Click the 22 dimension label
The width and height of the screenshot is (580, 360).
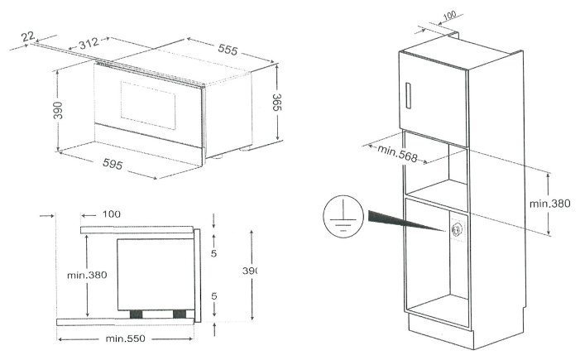coord(28,36)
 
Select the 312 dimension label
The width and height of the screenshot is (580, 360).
coord(89,43)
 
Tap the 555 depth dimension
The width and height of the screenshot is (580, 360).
coord(228,49)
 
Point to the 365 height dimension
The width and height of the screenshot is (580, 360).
coord(276,102)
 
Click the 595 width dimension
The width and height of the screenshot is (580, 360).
coord(113,164)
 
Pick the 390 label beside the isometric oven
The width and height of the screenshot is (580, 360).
coord(58,110)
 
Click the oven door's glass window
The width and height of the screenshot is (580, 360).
coord(148,105)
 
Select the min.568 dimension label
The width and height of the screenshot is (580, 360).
coord(397,153)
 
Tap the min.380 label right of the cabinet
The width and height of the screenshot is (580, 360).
coord(549,203)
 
